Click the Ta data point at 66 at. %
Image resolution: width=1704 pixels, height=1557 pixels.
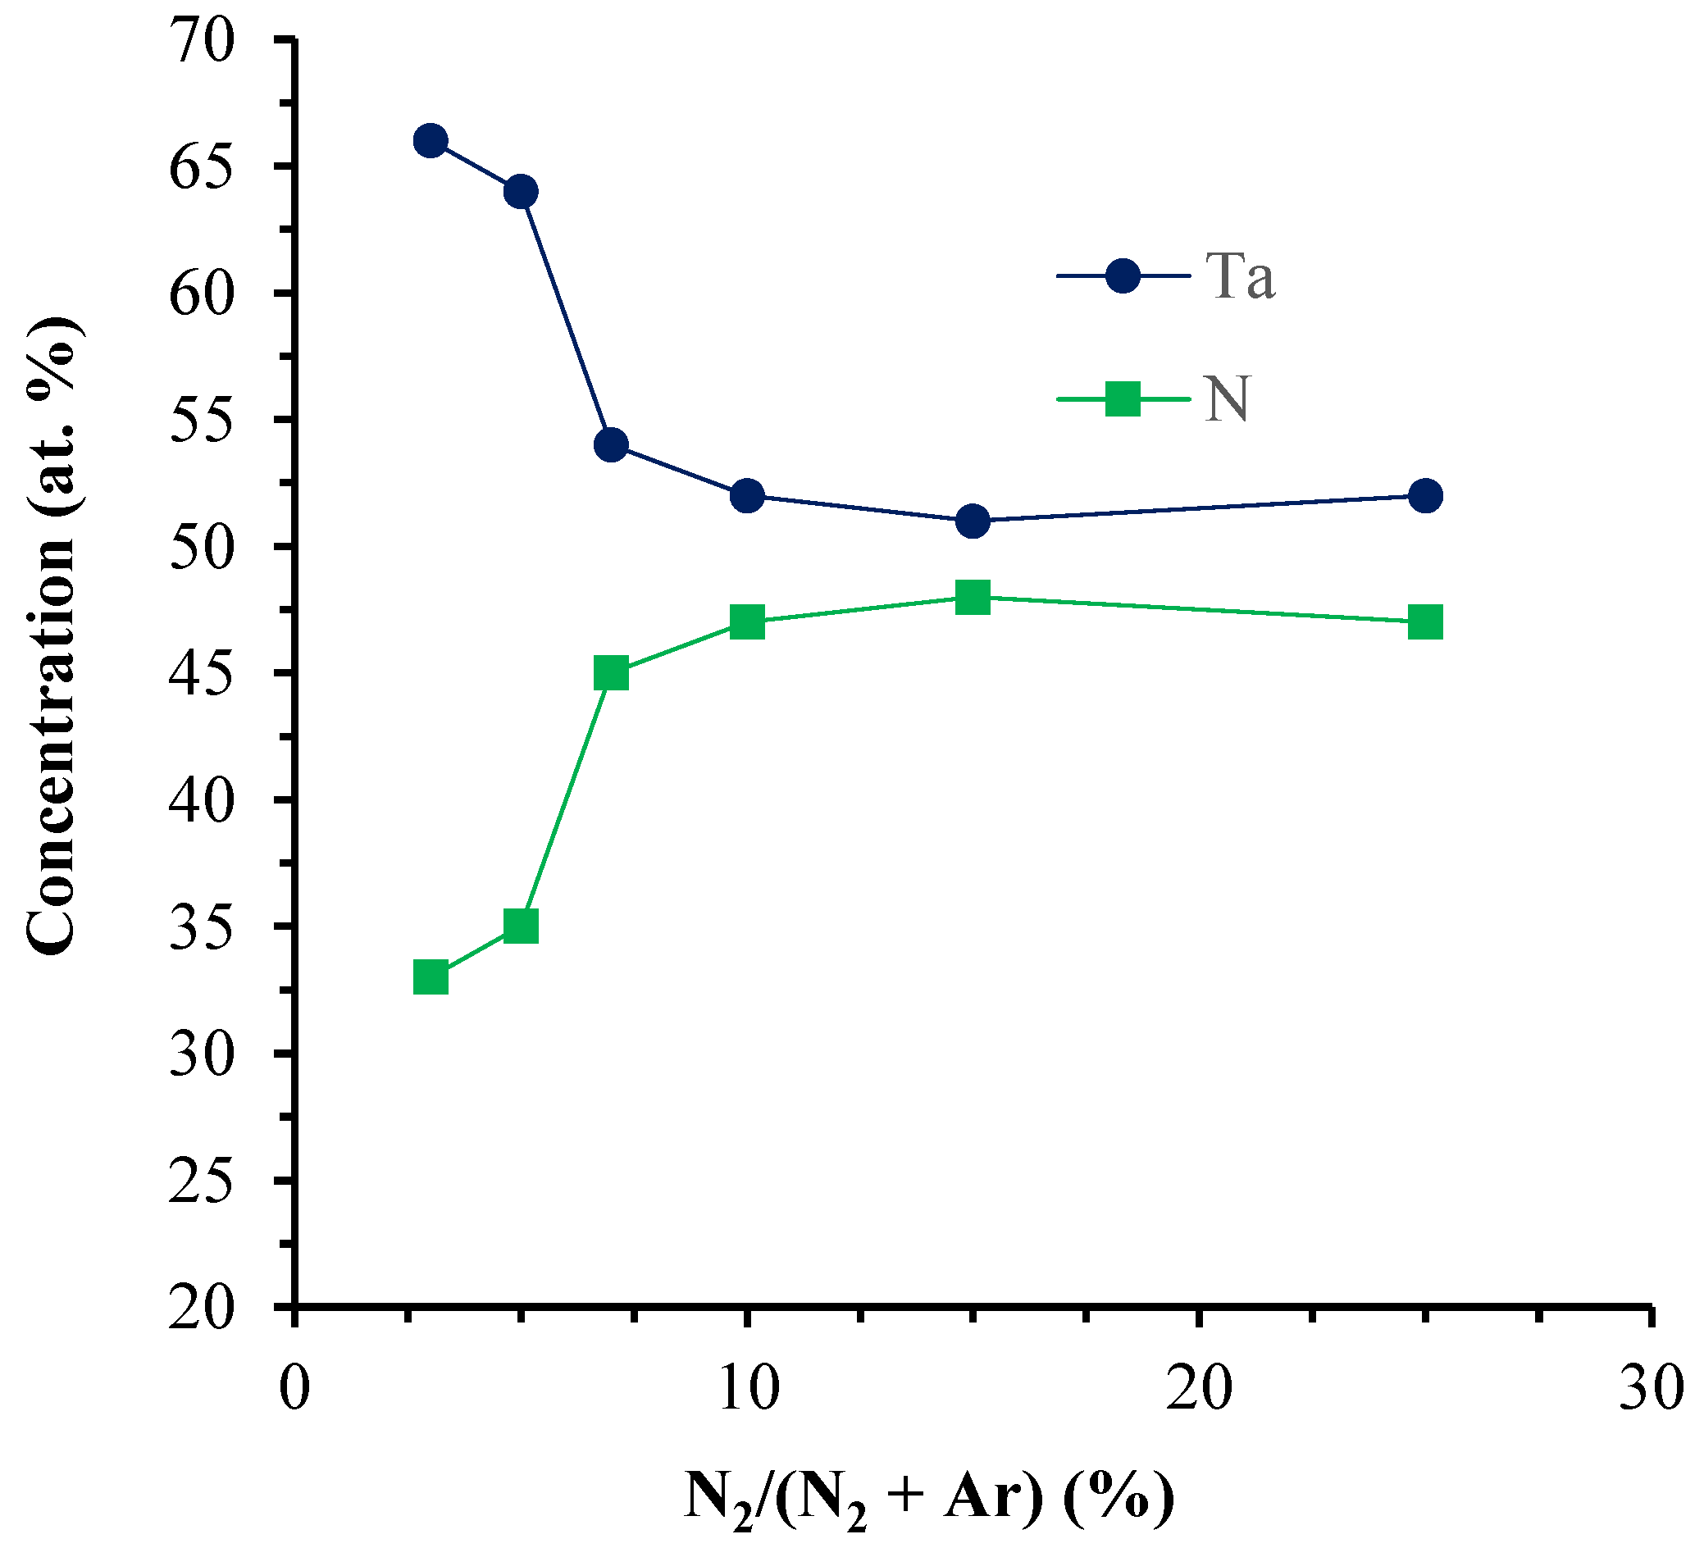[x=431, y=140]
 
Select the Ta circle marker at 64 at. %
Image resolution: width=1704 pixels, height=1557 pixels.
[x=521, y=192]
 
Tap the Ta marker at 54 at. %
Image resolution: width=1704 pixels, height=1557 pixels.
[x=611, y=444]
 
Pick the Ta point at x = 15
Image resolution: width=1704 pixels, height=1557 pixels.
[x=973, y=521]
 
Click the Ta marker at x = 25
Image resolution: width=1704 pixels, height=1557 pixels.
[x=1426, y=495]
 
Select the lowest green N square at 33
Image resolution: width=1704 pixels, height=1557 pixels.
[x=431, y=978]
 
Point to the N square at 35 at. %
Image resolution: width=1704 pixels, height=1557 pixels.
[x=521, y=926]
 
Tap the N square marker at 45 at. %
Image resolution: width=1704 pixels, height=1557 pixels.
[x=611, y=674]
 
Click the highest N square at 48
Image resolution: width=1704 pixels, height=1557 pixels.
[x=973, y=598]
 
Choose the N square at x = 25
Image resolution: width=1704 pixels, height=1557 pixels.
[x=1426, y=623]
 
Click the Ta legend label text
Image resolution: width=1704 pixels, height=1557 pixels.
[x=1240, y=276]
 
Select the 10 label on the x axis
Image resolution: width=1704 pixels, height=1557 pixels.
[x=747, y=1389]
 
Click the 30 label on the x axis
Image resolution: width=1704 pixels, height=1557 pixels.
[x=1651, y=1389]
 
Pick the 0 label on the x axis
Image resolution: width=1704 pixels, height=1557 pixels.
[x=294, y=1389]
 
